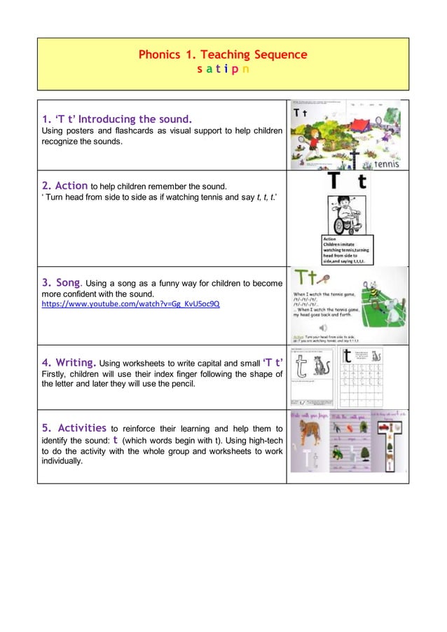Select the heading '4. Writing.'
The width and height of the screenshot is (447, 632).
click(69, 362)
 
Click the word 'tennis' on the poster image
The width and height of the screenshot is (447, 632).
click(386, 165)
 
